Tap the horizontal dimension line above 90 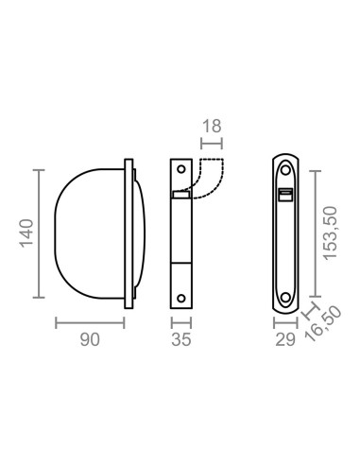coord(91,323)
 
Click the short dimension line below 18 coord(211,145)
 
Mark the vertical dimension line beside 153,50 coord(314,232)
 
